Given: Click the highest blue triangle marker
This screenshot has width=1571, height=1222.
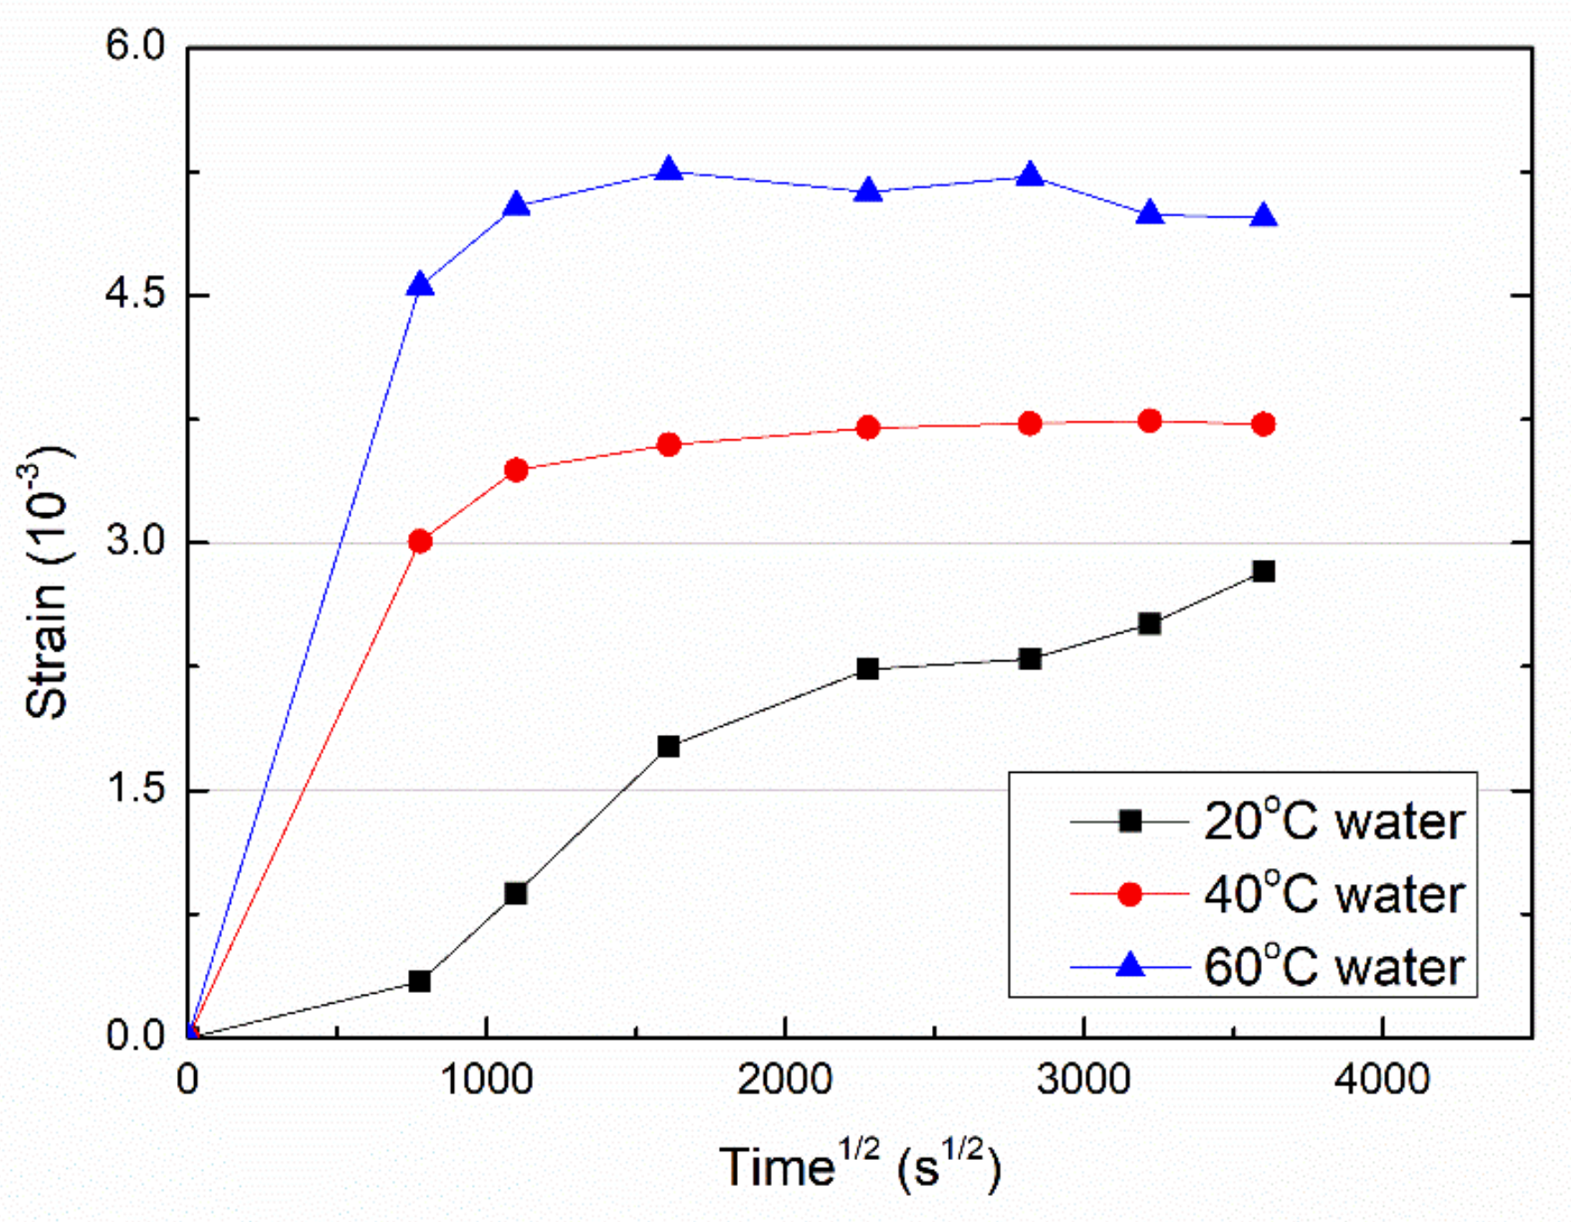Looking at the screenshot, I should pos(668,169).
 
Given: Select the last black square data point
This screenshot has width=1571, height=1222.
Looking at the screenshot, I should pos(1263,571).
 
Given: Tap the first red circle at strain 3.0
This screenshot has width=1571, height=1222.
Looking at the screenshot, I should pos(420,541).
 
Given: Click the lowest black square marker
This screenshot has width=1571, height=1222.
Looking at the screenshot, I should pos(419,981).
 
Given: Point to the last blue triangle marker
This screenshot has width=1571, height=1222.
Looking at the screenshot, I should pos(1263,217).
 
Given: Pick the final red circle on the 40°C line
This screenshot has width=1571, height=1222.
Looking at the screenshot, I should pos(1263,424).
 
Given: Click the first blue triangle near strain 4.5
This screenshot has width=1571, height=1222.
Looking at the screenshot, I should pos(420,286).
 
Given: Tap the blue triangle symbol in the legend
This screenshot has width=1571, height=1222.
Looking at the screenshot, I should pos(1130,966).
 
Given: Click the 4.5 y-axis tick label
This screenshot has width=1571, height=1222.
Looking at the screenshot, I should pos(136,294).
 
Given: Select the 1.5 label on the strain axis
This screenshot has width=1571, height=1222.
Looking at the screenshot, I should pos(136,789).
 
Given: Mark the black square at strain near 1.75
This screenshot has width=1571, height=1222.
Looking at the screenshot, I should pos(668,747).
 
